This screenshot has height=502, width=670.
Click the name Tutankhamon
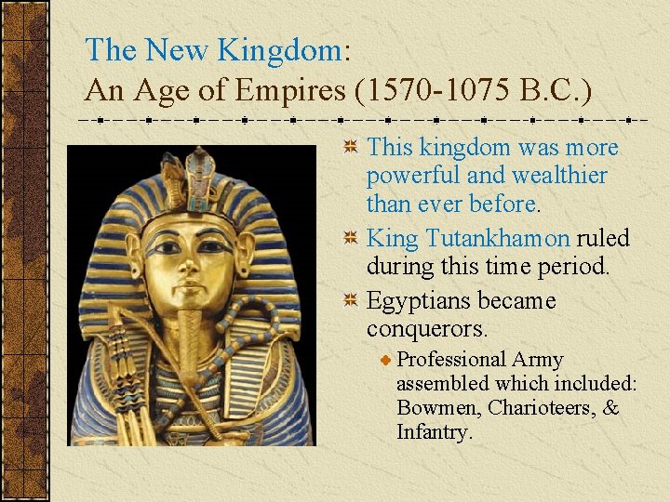[497, 238]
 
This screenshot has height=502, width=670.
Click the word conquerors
[428, 329]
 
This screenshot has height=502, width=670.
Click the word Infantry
[435, 432]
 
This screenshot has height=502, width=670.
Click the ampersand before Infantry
[610, 408]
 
